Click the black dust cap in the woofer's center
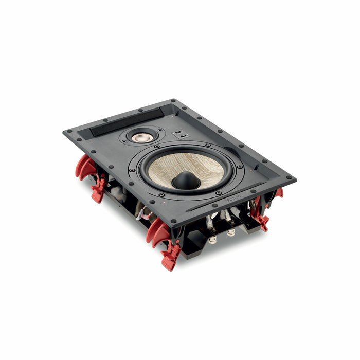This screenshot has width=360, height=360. [186, 180]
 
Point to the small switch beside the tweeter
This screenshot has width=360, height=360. [180, 135]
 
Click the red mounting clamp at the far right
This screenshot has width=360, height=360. [278, 194]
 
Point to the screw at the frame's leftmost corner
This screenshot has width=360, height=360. [68, 133]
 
